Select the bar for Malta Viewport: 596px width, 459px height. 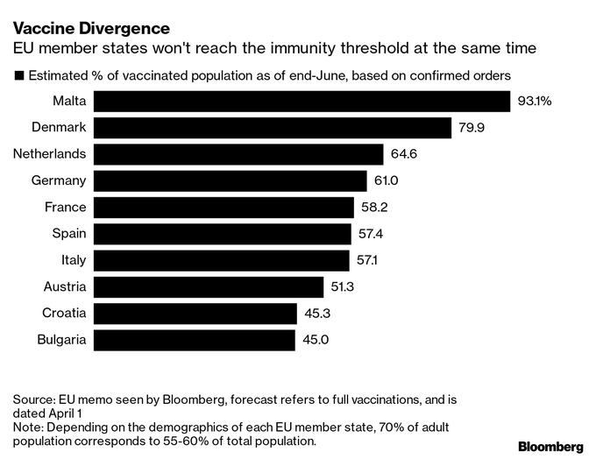(x=302, y=102)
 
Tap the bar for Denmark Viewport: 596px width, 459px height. (x=272, y=128)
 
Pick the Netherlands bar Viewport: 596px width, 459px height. (x=238, y=154)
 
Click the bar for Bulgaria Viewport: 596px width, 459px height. (x=195, y=340)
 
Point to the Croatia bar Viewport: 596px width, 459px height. (x=195, y=314)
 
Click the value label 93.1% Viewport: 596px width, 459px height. (x=535, y=102)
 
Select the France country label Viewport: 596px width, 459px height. (x=66, y=208)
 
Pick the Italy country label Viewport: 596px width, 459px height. (x=73, y=260)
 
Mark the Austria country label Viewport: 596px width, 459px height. (x=65, y=286)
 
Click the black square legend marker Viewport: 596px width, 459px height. (x=18, y=75)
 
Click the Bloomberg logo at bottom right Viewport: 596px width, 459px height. (x=550, y=447)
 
